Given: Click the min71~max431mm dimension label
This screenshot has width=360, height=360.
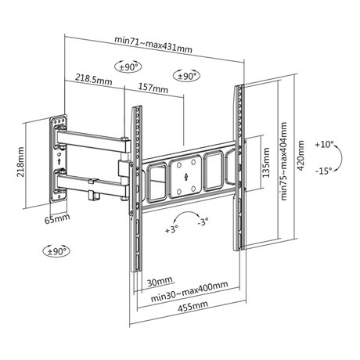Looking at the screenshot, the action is [153, 44].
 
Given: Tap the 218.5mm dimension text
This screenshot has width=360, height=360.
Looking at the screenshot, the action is [94, 79].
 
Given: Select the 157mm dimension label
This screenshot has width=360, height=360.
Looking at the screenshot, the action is [153, 88].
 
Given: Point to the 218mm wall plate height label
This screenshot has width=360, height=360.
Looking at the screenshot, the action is [20, 162].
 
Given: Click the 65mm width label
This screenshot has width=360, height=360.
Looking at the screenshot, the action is [57, 218].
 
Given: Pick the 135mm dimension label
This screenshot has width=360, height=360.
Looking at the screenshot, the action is [266, 163].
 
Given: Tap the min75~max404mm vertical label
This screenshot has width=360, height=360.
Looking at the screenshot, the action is [283, 161].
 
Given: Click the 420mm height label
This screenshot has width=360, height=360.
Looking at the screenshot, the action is [301, 156].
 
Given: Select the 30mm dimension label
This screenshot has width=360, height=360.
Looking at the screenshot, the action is [160, 282].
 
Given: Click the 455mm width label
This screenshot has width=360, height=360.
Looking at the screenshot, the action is [193, 306].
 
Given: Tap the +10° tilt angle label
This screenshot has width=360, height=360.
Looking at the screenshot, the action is [324, 144].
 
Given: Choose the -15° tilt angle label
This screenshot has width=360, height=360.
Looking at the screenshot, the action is [323, 171].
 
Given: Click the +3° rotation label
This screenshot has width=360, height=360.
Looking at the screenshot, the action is [171, 230].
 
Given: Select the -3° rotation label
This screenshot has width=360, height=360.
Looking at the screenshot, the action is [203, 222].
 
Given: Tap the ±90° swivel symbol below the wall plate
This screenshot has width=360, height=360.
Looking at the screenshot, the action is [56, 251].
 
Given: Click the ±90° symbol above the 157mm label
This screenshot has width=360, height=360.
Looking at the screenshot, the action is [186, 76].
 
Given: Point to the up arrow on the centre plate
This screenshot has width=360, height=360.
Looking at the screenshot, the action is [185, 177].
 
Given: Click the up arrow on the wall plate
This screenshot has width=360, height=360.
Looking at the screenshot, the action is [59, 161].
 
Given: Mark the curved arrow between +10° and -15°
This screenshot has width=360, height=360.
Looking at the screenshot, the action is [341, 157].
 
